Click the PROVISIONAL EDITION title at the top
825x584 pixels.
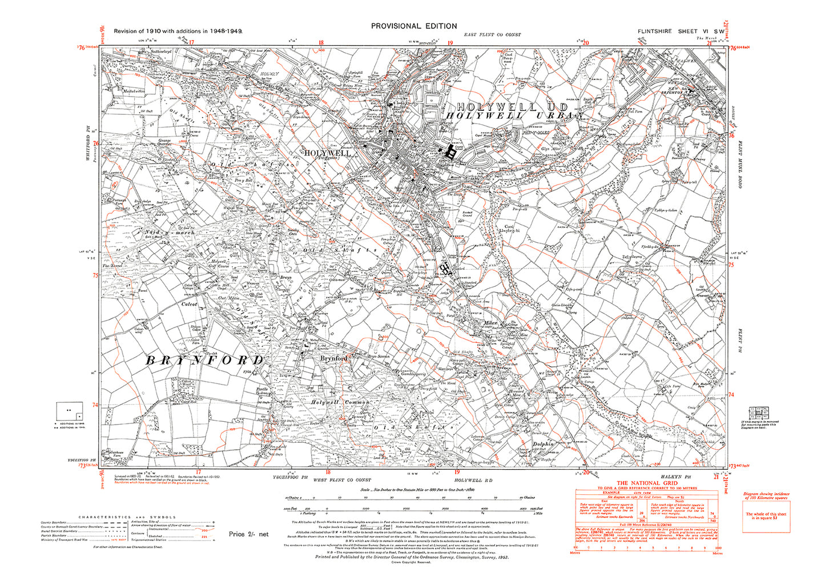414,26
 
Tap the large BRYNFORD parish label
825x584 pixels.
205,361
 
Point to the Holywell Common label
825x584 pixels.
341,402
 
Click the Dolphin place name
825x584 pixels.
543,444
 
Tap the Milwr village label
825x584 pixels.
491,323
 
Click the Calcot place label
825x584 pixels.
189,305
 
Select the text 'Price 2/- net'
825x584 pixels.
248,534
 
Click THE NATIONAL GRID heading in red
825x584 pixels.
646,483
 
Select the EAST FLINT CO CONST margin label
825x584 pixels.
492,35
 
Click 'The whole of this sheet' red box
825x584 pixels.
766,516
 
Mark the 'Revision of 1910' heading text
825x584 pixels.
178,31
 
